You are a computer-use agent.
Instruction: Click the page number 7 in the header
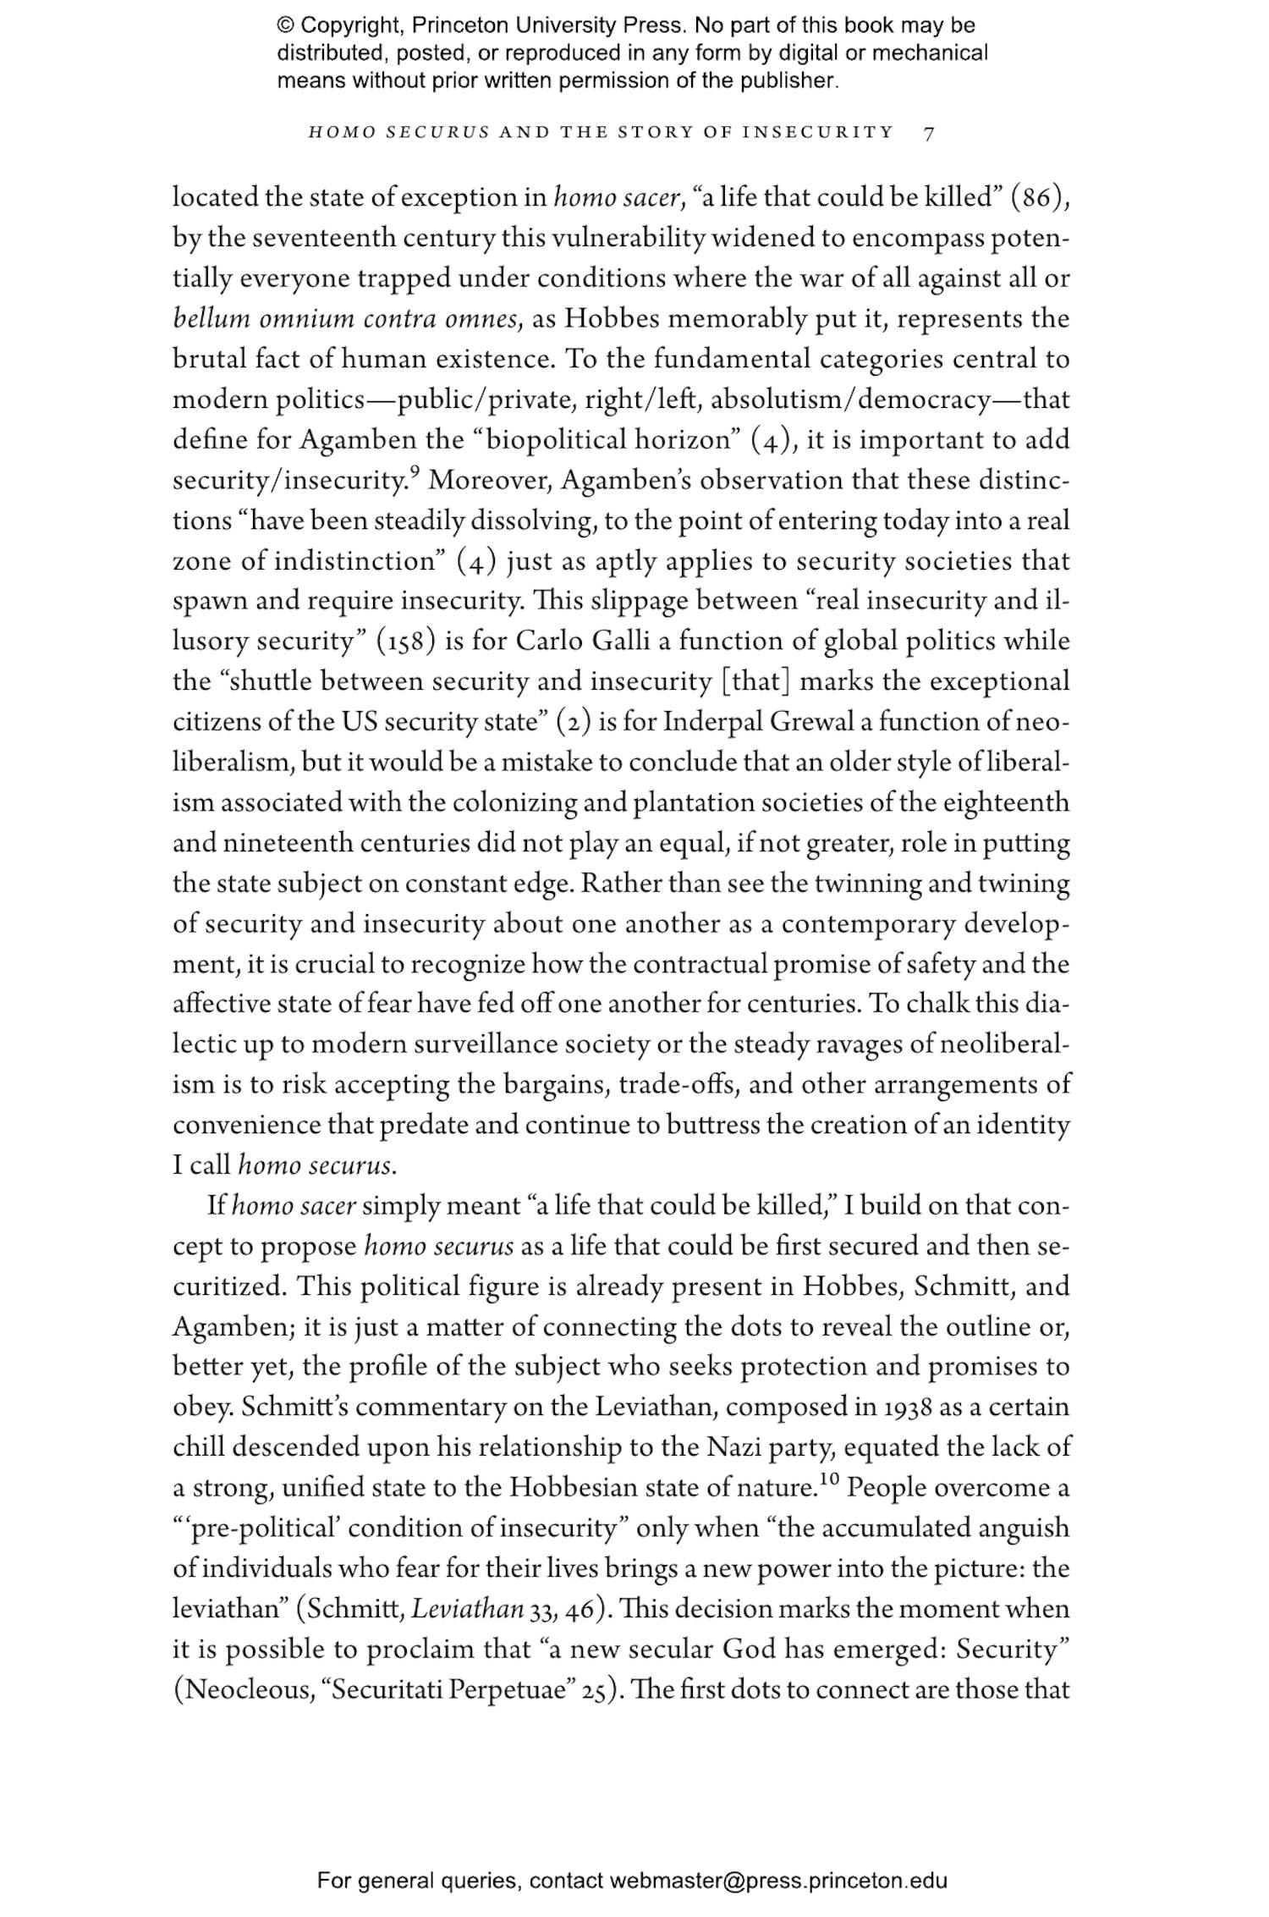coord(929,133)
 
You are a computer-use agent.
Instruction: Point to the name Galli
coord(621,641)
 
